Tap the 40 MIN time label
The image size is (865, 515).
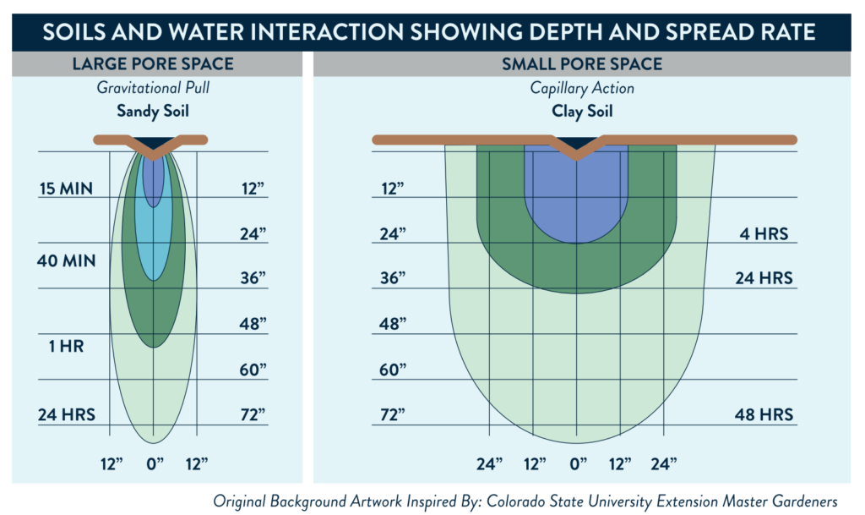click(67, 261)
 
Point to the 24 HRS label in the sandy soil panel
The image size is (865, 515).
click(66, 414)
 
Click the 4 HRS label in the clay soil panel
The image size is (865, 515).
click(764, 233)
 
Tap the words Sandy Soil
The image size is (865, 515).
click(153, 111)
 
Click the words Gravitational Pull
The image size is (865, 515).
click(153, 88)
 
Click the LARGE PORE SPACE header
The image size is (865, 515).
click(153, 63)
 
